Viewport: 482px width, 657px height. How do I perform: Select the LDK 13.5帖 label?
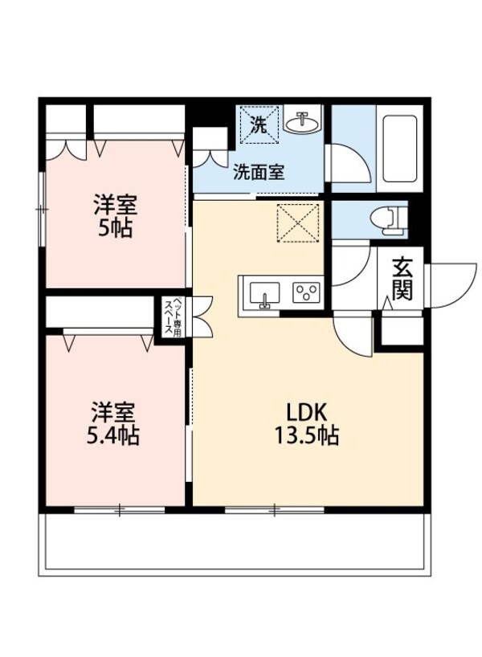coord(305,424)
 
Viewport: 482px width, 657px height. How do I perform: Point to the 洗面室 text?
coord(259,172)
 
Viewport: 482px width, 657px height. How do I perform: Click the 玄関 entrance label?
coord(402,277)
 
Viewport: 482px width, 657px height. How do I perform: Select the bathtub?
coord(398,148)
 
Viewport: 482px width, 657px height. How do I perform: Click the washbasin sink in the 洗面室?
coord(304,122)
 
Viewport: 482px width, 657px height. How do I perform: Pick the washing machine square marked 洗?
coord(259,124)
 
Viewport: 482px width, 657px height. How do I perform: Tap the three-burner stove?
coord(305,292)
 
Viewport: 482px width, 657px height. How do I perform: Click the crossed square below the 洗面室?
coord(299,222)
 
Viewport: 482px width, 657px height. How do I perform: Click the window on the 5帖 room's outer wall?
coord(43,210)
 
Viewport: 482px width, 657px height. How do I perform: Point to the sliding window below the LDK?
coord(275,508)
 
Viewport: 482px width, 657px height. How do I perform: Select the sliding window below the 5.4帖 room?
coord(120,508)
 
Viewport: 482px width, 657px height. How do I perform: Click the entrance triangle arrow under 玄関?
coord(387,304)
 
